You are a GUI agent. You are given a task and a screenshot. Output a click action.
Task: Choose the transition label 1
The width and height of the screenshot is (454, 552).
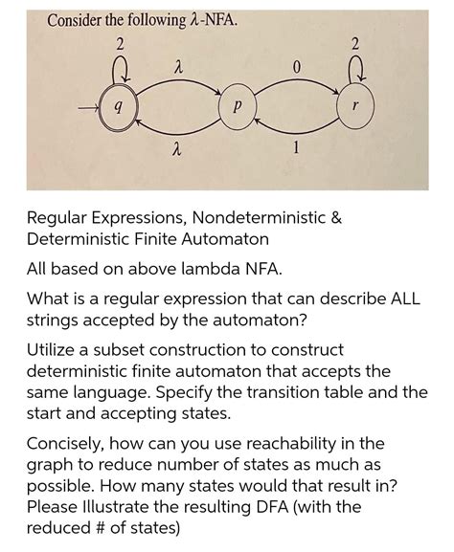point(299,148)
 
